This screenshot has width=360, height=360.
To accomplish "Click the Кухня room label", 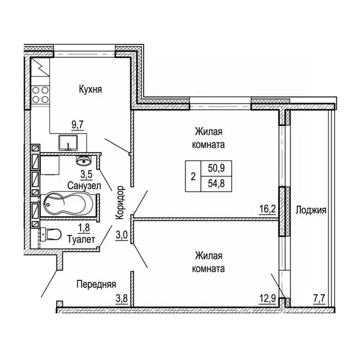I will pyautogui.click(x=90, y=89).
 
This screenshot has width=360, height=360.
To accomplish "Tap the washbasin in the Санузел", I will pyautogui.click(x=85, y=161).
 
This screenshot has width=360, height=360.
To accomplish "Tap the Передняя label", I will pyautogui.click(x=97, y=284).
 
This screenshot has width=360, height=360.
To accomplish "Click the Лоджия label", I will pyautogui.click(x=311, y=210).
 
